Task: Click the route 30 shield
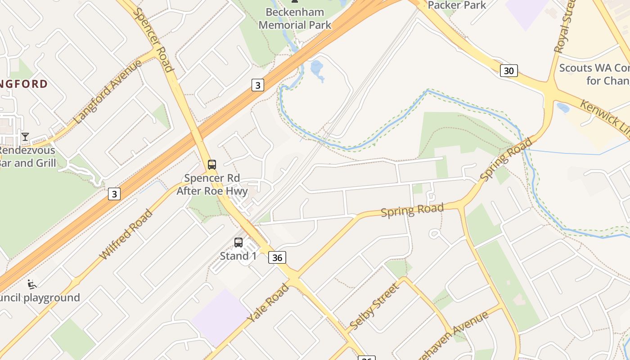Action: (x=508, y=71)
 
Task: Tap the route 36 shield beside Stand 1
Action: (x=277, y=257)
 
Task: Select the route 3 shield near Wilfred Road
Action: (x=114, y=194)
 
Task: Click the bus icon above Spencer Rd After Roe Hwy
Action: (x=212, y=165)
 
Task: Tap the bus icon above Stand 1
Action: (x=238, y=243)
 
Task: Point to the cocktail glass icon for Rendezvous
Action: (x=25, y=136)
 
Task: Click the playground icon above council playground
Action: (x=32, y=284)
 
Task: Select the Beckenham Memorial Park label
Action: (x=295, y=19)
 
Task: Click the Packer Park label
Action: (x=457, y=5)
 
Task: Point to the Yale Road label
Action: (x=269, y=303)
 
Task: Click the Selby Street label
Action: (x=374, y=306)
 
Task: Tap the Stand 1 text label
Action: (x=238, y=256)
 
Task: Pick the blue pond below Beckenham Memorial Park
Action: (x=317, y=68)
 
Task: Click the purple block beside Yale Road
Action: (x=220, y=317)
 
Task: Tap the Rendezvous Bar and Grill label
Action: (x=28, y=157)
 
